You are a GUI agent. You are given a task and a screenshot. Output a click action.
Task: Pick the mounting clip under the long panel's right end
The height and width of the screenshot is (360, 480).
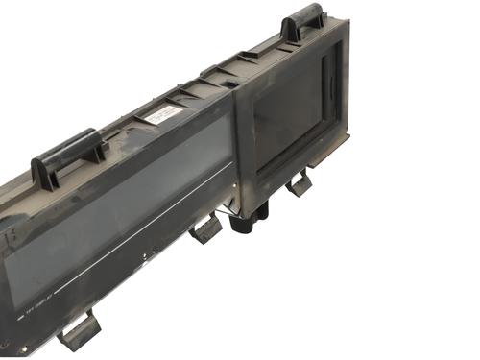tap(206, 230)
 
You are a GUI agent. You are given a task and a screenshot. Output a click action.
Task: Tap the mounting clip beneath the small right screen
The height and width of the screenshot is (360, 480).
tap(299, 181)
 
